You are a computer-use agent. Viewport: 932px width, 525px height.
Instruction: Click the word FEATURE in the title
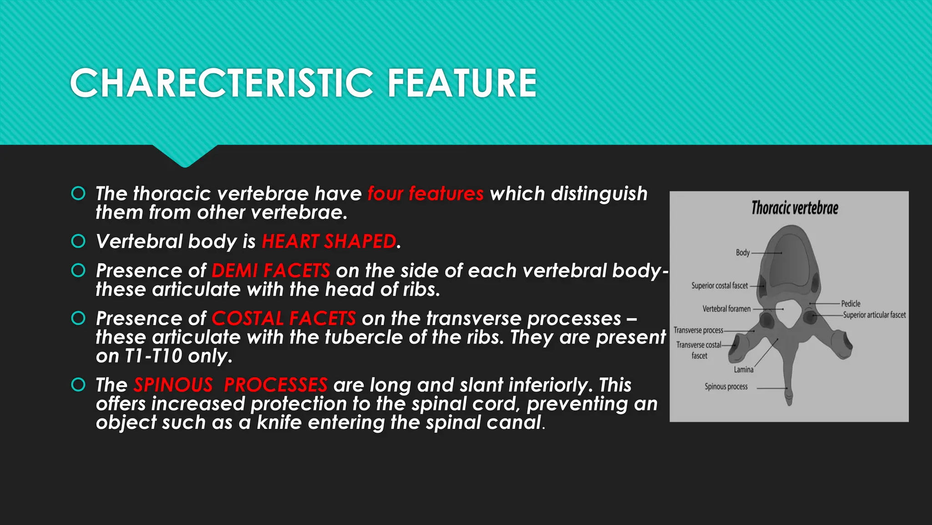coord(462,83)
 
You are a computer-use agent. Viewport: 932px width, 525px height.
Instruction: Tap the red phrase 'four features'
coord(425,194)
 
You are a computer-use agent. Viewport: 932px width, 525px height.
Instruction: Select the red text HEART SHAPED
coord(329,242)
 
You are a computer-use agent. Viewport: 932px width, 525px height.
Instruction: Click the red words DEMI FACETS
coord(271,271)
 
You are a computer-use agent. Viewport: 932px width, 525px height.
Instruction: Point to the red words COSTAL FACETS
coord(284,319)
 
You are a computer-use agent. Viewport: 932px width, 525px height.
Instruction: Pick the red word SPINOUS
coord(173,385)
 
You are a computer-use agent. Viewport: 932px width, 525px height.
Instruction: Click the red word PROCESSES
coord(276,385)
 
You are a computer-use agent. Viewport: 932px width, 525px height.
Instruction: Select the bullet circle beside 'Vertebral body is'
coord(78,241)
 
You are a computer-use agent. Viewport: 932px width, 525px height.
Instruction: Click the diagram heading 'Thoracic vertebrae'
coord(795,208)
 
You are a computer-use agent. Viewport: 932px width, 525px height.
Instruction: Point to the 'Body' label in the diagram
coord(743,252)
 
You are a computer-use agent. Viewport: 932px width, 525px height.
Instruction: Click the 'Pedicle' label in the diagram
coord(851,304)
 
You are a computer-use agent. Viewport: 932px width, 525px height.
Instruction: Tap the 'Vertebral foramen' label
coord(726,309)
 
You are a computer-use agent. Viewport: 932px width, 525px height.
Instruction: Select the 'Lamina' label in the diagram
coord(743,370)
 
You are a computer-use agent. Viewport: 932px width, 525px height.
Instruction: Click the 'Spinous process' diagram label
coord(726,386)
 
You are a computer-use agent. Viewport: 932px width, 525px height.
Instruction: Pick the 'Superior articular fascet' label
coord(874,315)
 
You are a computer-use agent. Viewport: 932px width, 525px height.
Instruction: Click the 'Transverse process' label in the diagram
coord(698,330)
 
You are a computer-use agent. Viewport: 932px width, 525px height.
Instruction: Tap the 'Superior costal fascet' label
coord(719,286)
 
